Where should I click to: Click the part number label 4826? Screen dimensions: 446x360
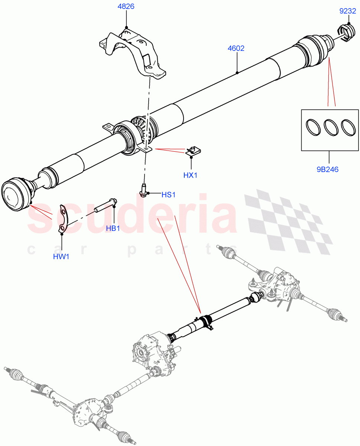126,7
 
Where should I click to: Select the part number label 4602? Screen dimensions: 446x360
236,48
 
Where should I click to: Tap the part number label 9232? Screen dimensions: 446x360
348,12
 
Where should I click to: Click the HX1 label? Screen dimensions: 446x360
190,175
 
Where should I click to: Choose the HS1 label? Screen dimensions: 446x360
168,195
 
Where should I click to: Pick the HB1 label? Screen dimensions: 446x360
113,228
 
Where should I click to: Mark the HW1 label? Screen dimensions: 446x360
61,256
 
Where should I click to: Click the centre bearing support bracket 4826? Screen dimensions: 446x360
134,52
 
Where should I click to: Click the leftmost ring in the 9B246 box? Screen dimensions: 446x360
313,128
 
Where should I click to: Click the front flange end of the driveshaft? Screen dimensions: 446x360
15,194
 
